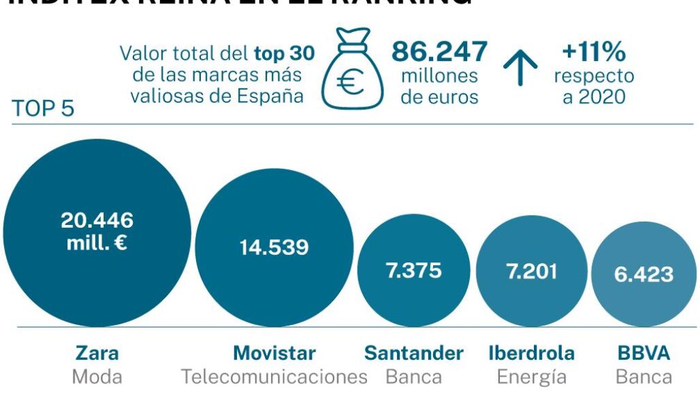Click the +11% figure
point(594,52)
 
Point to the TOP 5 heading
point(43,109)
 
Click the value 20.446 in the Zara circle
point(97,220)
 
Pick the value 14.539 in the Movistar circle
point(274,247)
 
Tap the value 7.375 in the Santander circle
point(413,270)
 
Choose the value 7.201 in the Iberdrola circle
point(531,271)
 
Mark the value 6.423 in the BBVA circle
point(643,274)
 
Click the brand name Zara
point(97,354)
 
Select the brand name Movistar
point(274,354)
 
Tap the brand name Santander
point(413,354)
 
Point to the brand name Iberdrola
point(531,354)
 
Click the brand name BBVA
point(643,354)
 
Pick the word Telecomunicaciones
point(274,377)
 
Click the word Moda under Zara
point(97,377)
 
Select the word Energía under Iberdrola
point(531,377)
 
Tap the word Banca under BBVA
point(643,377)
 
